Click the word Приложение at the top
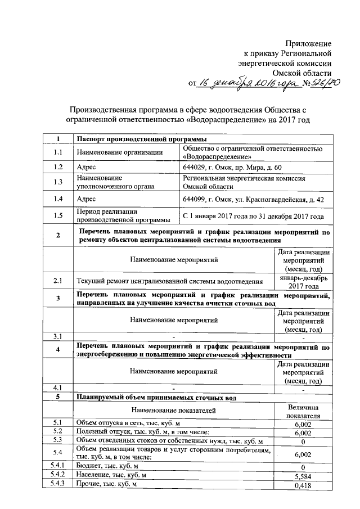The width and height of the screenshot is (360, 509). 308,43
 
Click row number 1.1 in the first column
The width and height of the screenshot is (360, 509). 57,152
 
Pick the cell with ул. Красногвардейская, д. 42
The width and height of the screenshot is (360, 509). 253,199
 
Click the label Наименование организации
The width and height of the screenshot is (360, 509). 120,152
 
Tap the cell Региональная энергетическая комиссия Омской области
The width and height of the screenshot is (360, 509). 244,182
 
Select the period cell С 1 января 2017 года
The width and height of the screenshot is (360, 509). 253,216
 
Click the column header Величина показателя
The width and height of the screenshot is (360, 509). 303,411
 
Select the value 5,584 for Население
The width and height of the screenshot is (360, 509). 303,476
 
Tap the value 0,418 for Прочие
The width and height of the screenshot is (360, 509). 303,486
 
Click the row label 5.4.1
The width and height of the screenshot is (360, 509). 57,466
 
